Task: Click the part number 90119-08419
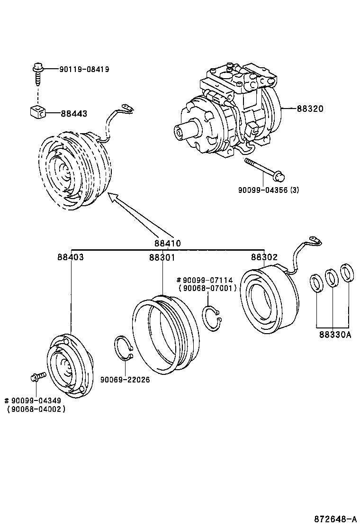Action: tap(84, 69)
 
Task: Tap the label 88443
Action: tap(73, 113)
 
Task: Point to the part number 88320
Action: tap(310, 109)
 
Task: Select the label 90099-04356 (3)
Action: tap(268, 190)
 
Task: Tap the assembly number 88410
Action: tap(167, 243)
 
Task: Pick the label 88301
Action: tap(162, 257)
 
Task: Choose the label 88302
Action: tap(264, 257)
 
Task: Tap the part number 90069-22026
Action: tap(125, 380)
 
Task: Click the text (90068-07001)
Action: tap(207, 288)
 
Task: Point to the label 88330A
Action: tap(334, 334)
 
